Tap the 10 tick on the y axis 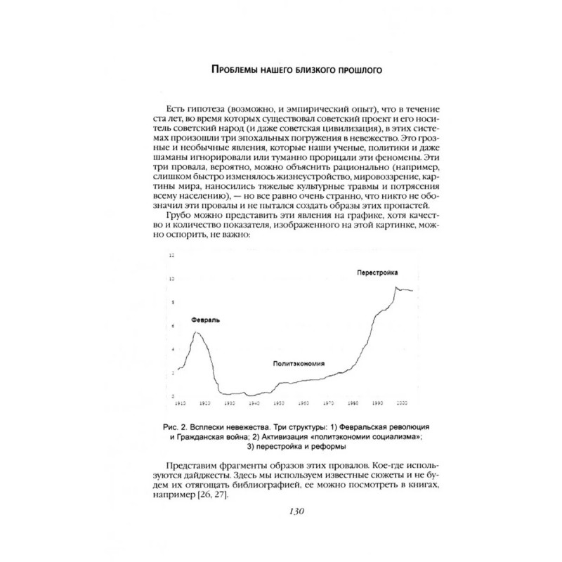[171, 280]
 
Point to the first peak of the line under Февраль [196, 332]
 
